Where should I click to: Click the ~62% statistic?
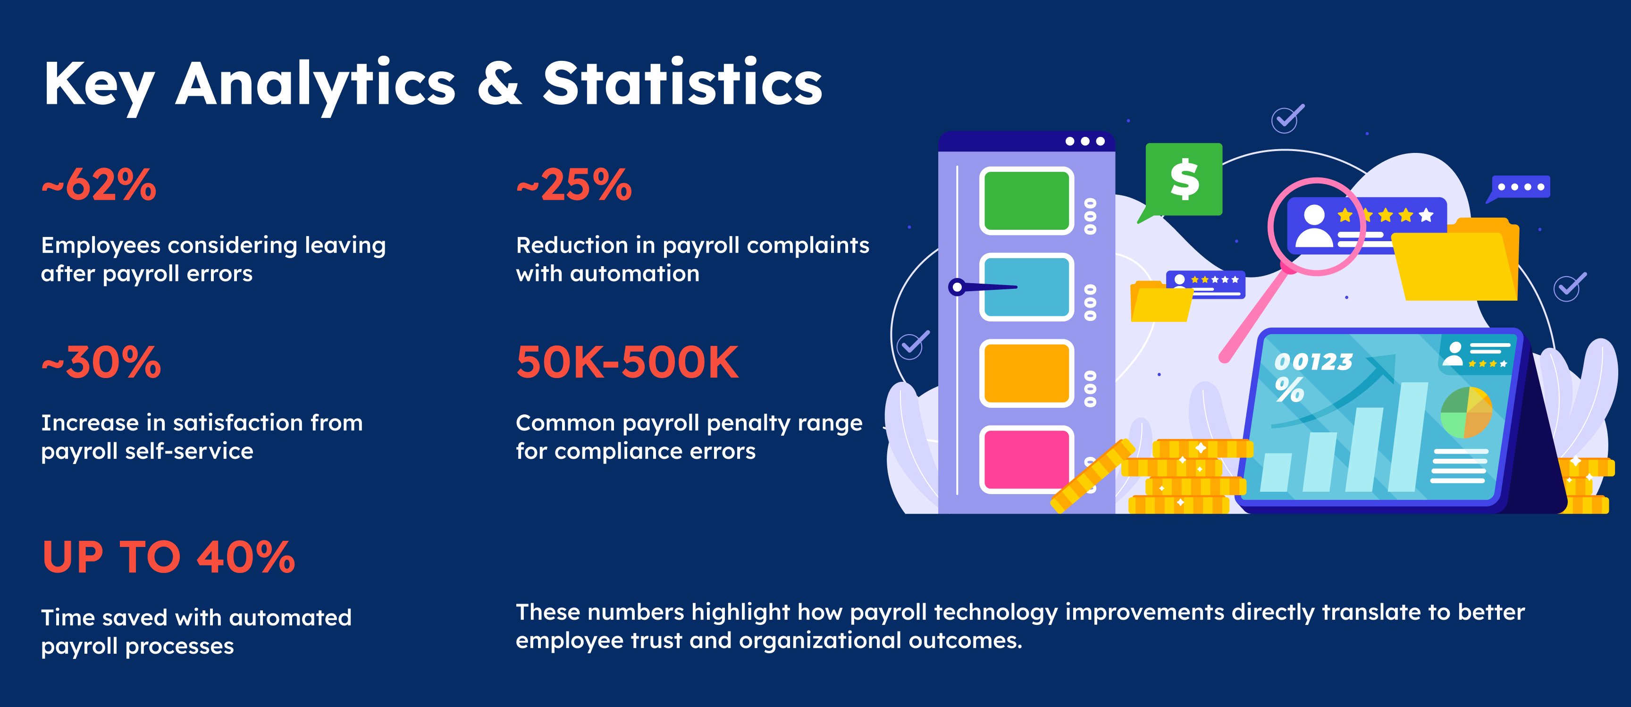point(99,185)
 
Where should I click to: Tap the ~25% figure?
point(574,185)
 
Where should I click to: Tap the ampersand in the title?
point(500,84)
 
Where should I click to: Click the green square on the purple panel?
point(1026,201)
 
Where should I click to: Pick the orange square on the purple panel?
point(1026,373)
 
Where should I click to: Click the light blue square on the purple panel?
point(1026,287)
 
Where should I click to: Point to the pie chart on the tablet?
point(1466,412)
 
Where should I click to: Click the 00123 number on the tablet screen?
point(1313,362)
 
